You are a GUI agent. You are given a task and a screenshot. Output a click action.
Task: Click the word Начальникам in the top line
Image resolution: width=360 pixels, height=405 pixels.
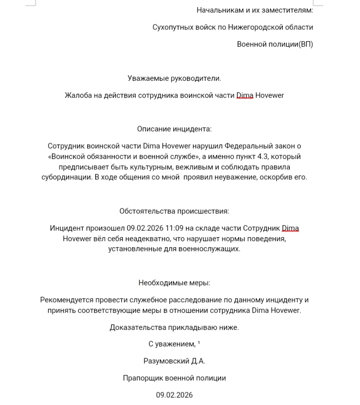coord(218,10)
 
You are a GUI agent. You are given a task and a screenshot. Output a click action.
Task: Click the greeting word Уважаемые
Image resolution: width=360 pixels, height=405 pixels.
coord(146,78)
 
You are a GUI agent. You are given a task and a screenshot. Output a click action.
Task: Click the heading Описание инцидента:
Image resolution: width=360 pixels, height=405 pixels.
coord(174,129)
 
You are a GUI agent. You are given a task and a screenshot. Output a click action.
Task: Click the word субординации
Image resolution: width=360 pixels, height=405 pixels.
coord(65,177)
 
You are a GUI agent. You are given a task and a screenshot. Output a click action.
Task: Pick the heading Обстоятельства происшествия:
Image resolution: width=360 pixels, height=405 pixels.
coord(174,212)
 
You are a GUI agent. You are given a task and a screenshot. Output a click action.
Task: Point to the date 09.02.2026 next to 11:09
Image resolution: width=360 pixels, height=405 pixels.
coord(144,229)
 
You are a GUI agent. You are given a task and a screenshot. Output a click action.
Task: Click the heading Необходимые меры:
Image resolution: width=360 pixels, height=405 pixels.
coord(174,283)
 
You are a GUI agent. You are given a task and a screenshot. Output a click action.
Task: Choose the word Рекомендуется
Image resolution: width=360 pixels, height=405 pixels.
coord(67,300)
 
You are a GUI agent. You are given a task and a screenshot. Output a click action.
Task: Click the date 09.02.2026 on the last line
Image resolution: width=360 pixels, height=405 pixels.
coord(174,395)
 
